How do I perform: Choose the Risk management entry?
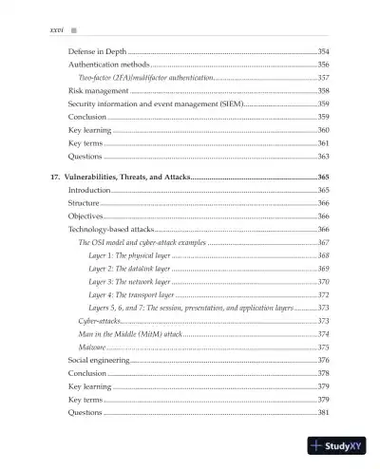pos(100,91)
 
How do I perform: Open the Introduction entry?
pos(90,191)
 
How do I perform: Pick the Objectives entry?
pos(87,216)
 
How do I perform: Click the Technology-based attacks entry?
pos(110,230)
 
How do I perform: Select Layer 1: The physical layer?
pos(129,256)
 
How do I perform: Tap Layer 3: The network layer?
pos(129,282)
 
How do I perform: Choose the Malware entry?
pos(93,347)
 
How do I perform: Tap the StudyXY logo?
pos(342,446)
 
